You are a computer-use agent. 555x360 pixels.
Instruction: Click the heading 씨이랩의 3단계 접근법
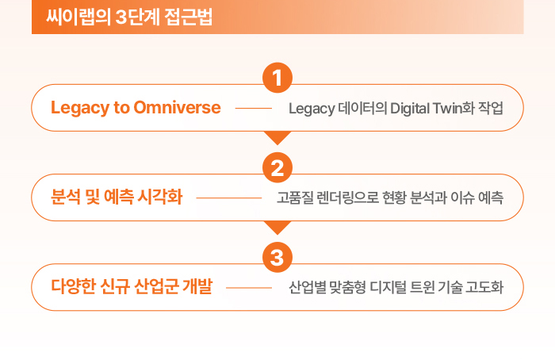click(x=129, y=17)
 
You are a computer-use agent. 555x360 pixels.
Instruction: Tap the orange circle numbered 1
click(x=277, y=78)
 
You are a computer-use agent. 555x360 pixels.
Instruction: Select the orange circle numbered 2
click(x=277, y=168)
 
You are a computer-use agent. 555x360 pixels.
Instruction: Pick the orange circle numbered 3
click(x=277, y=258)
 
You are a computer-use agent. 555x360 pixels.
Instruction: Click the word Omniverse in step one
click(x=177, y=107)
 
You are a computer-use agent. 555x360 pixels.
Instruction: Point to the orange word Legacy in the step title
click(x=80, y=108)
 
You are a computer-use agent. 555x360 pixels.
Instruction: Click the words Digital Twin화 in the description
click(x=432, y=109)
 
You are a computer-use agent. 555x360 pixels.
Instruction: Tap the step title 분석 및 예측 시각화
click(x=117, y=197)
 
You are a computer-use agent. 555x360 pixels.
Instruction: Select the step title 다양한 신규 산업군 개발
click(x=132, y=286)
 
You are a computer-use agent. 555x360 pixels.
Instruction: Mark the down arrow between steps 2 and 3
click(x=277, y=228)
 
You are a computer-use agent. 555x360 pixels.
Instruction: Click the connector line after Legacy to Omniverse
click(x=254, y=109)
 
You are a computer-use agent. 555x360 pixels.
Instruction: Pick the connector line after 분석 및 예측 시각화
click(x=229, y=198)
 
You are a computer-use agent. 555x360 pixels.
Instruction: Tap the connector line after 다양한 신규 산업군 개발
click(x=249, y=288)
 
